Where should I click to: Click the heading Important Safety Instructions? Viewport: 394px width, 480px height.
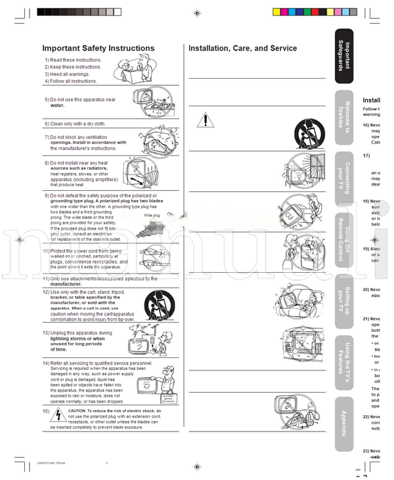click(x=98, y=48)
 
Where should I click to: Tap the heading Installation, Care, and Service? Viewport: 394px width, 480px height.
click(x=242, y=48)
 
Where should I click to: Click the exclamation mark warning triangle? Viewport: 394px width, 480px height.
click(x=206, y=120)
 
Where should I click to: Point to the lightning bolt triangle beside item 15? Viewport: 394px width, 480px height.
click(x=58, y=412)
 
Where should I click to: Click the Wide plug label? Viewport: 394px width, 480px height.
click(x=152, y=214)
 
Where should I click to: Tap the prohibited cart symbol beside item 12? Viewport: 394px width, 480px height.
click(x=155, y=302)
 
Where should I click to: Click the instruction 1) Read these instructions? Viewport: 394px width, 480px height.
click(x=73, y=60)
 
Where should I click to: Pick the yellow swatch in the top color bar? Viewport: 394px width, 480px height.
click(x=276, y=12)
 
